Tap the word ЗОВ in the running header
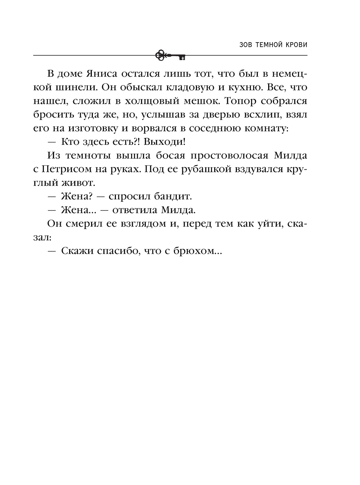pyautogui.click(x=246, y=45)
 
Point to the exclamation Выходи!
pyautogui.click(x=165, y=142)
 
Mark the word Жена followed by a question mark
pyautogui.click(x=78, y=196)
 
